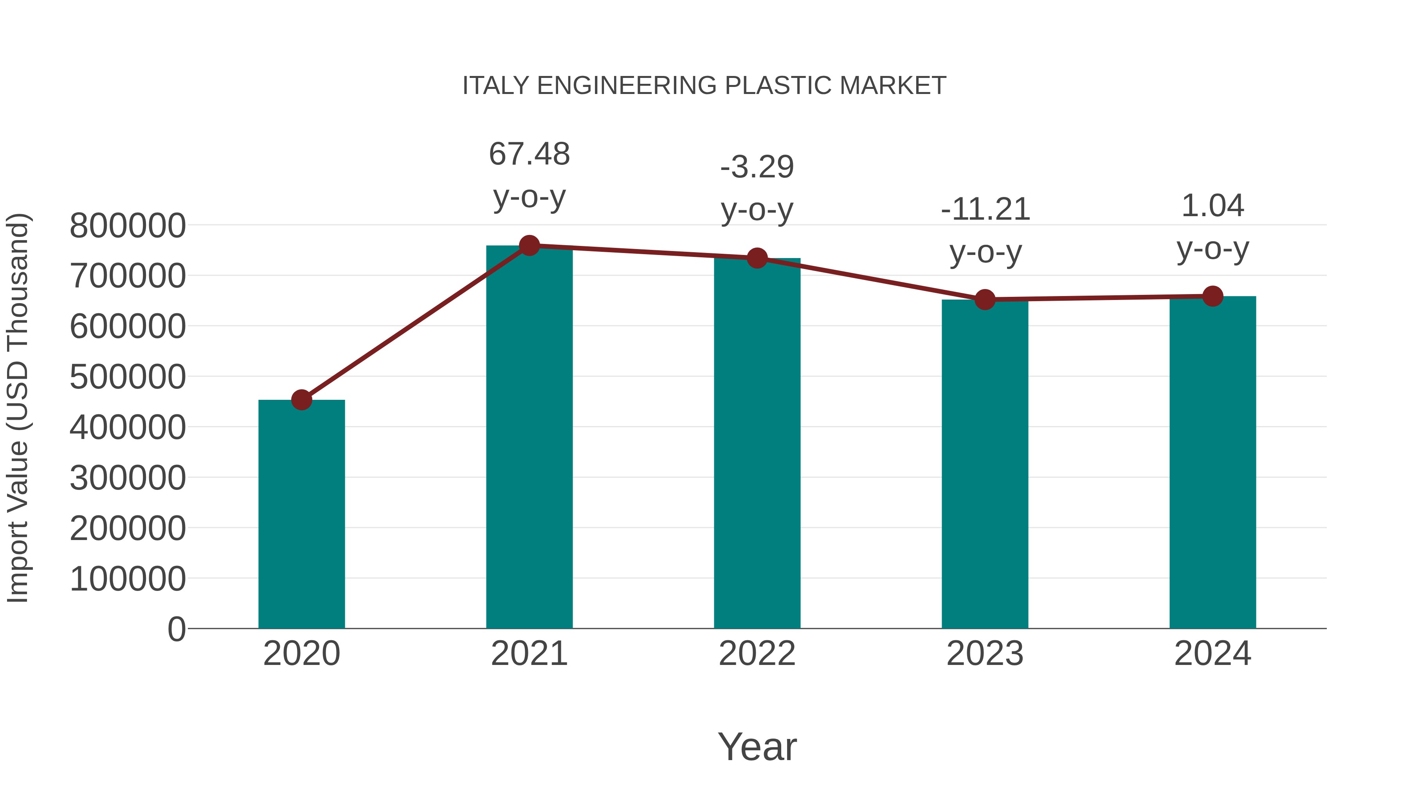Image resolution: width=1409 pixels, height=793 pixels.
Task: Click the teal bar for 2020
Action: coord(301,515)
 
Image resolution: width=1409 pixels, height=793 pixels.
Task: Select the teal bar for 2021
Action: coord(529,438)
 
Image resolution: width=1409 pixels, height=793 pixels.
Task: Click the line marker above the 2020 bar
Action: coord(301,400)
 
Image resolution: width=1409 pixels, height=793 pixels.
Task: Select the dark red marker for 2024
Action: coord(1213,296)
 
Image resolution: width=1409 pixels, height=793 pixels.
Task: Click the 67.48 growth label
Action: coord(529,154)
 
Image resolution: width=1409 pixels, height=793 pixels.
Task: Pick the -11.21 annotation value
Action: coord(985,210)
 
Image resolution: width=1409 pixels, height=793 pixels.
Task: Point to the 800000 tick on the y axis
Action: coord(128,226)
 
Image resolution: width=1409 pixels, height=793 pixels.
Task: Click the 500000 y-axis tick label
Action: coord(128,377)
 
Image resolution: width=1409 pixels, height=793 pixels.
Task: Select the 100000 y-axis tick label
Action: coord(128,579)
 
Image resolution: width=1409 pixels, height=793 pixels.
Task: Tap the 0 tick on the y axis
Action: coord(177,629)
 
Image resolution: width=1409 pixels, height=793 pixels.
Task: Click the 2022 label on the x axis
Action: coord(757,654)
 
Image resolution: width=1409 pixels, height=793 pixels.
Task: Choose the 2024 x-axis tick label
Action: coord(1213,654)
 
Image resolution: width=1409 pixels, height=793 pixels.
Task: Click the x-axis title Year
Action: coord(757,746)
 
